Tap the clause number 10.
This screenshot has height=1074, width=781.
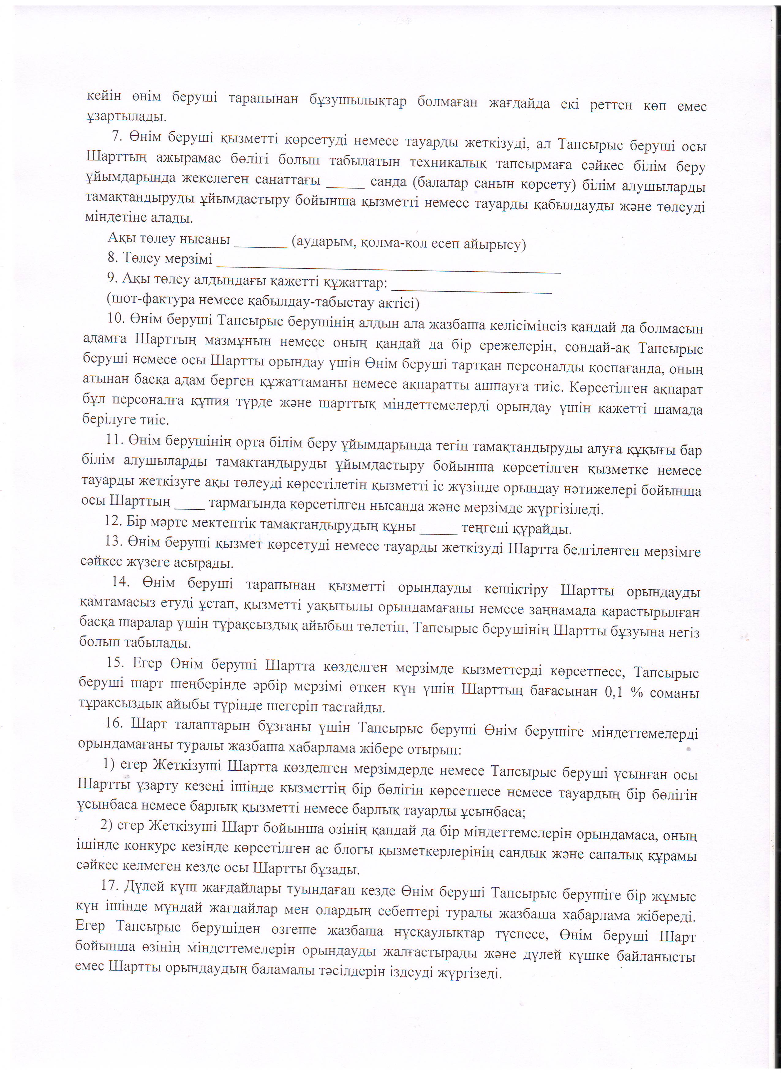pyautogui.click(x=115, y=318)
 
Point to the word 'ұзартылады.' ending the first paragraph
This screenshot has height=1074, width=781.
pyautogui.click(x=126, y=115)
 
